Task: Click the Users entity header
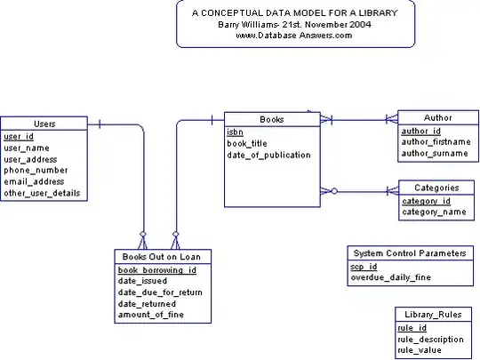(44, 124)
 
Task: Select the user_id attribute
(19, 136)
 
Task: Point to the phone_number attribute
(35, 170)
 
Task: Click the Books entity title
(271, 119)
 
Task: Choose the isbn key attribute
(235, 132)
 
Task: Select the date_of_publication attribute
(268, 155)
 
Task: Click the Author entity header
(437, 117)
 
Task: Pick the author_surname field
(434, 153)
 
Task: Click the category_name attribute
(434, 212)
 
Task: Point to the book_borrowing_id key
(156, 269)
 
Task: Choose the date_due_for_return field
(160, 292)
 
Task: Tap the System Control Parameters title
(409, 253)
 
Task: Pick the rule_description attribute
(430, 339)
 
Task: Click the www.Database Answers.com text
(294, 36)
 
